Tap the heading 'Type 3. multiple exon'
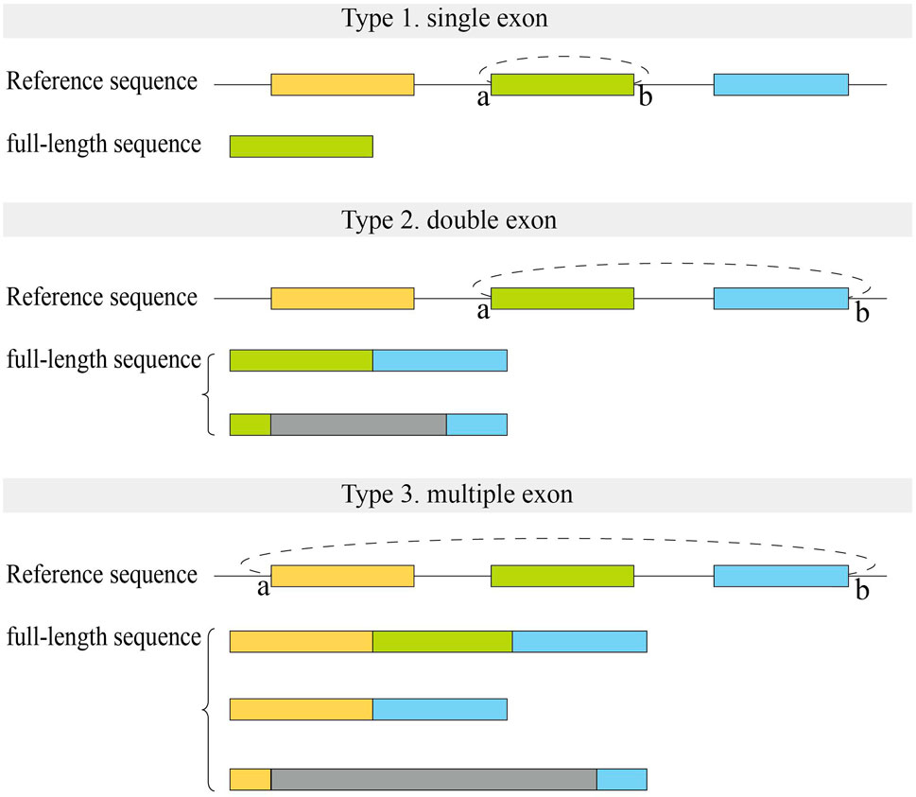pos(457,494)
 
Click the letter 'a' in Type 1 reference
pos(483,97)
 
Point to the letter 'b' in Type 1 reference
pos(646,97)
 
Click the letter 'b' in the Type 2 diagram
pos(861,312)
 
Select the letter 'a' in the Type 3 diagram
pos(264,588)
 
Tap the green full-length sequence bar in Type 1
pos(301,146)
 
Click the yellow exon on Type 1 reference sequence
pos(342,84)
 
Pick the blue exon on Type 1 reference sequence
pos(781,84)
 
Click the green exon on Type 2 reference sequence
pos(562,299)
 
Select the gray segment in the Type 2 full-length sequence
pos(358,424)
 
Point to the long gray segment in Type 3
pos(433,779)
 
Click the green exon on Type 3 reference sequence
pos(562,576)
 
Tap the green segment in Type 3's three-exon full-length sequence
pos(442,641)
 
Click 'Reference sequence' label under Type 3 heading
pos(102,575)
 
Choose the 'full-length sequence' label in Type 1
pos(104,145)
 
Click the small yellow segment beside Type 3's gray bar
pos(251,779)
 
